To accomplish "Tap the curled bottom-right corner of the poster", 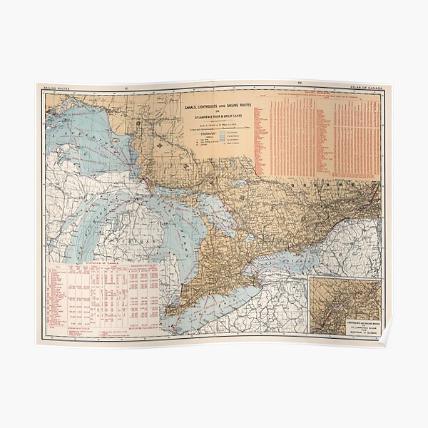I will (x=386, y=338).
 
